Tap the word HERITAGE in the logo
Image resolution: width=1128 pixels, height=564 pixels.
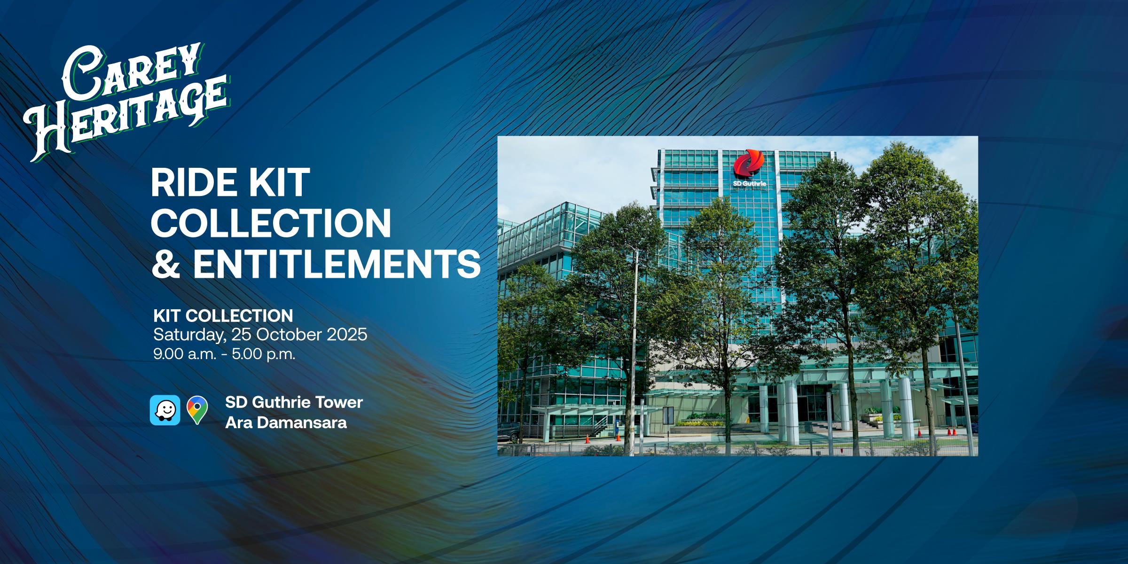[127, 118]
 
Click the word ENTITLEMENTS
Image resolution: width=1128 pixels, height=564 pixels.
[337, 263]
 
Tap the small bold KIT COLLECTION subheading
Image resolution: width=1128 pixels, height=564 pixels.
[223, 315]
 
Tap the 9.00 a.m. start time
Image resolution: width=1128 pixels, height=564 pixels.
[185, 354]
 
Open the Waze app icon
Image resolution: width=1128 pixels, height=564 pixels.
[165, 410]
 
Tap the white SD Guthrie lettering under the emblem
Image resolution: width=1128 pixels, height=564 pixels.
[749, 183]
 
